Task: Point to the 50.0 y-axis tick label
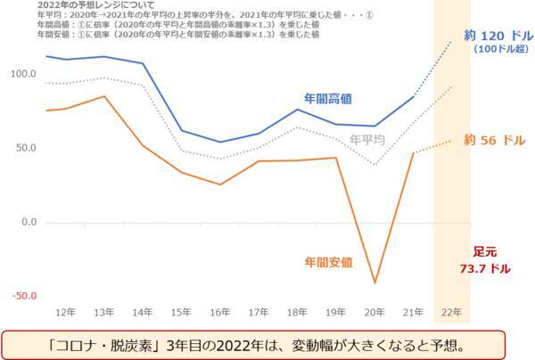(x=25, y=148)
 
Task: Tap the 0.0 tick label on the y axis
(x=28, y=222)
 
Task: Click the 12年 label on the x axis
(x=65, y=313)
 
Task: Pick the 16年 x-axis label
(x=220, y=313)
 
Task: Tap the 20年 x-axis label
(x=374, y=313)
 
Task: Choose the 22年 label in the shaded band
(x=452, y=313)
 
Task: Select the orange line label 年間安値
(x=329, y=262)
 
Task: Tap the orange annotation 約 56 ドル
(x=495, y=140)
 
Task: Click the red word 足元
(x=484, y=252)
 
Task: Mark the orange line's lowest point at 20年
(x=374, y=283)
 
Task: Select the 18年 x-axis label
(x=298, y=313)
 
